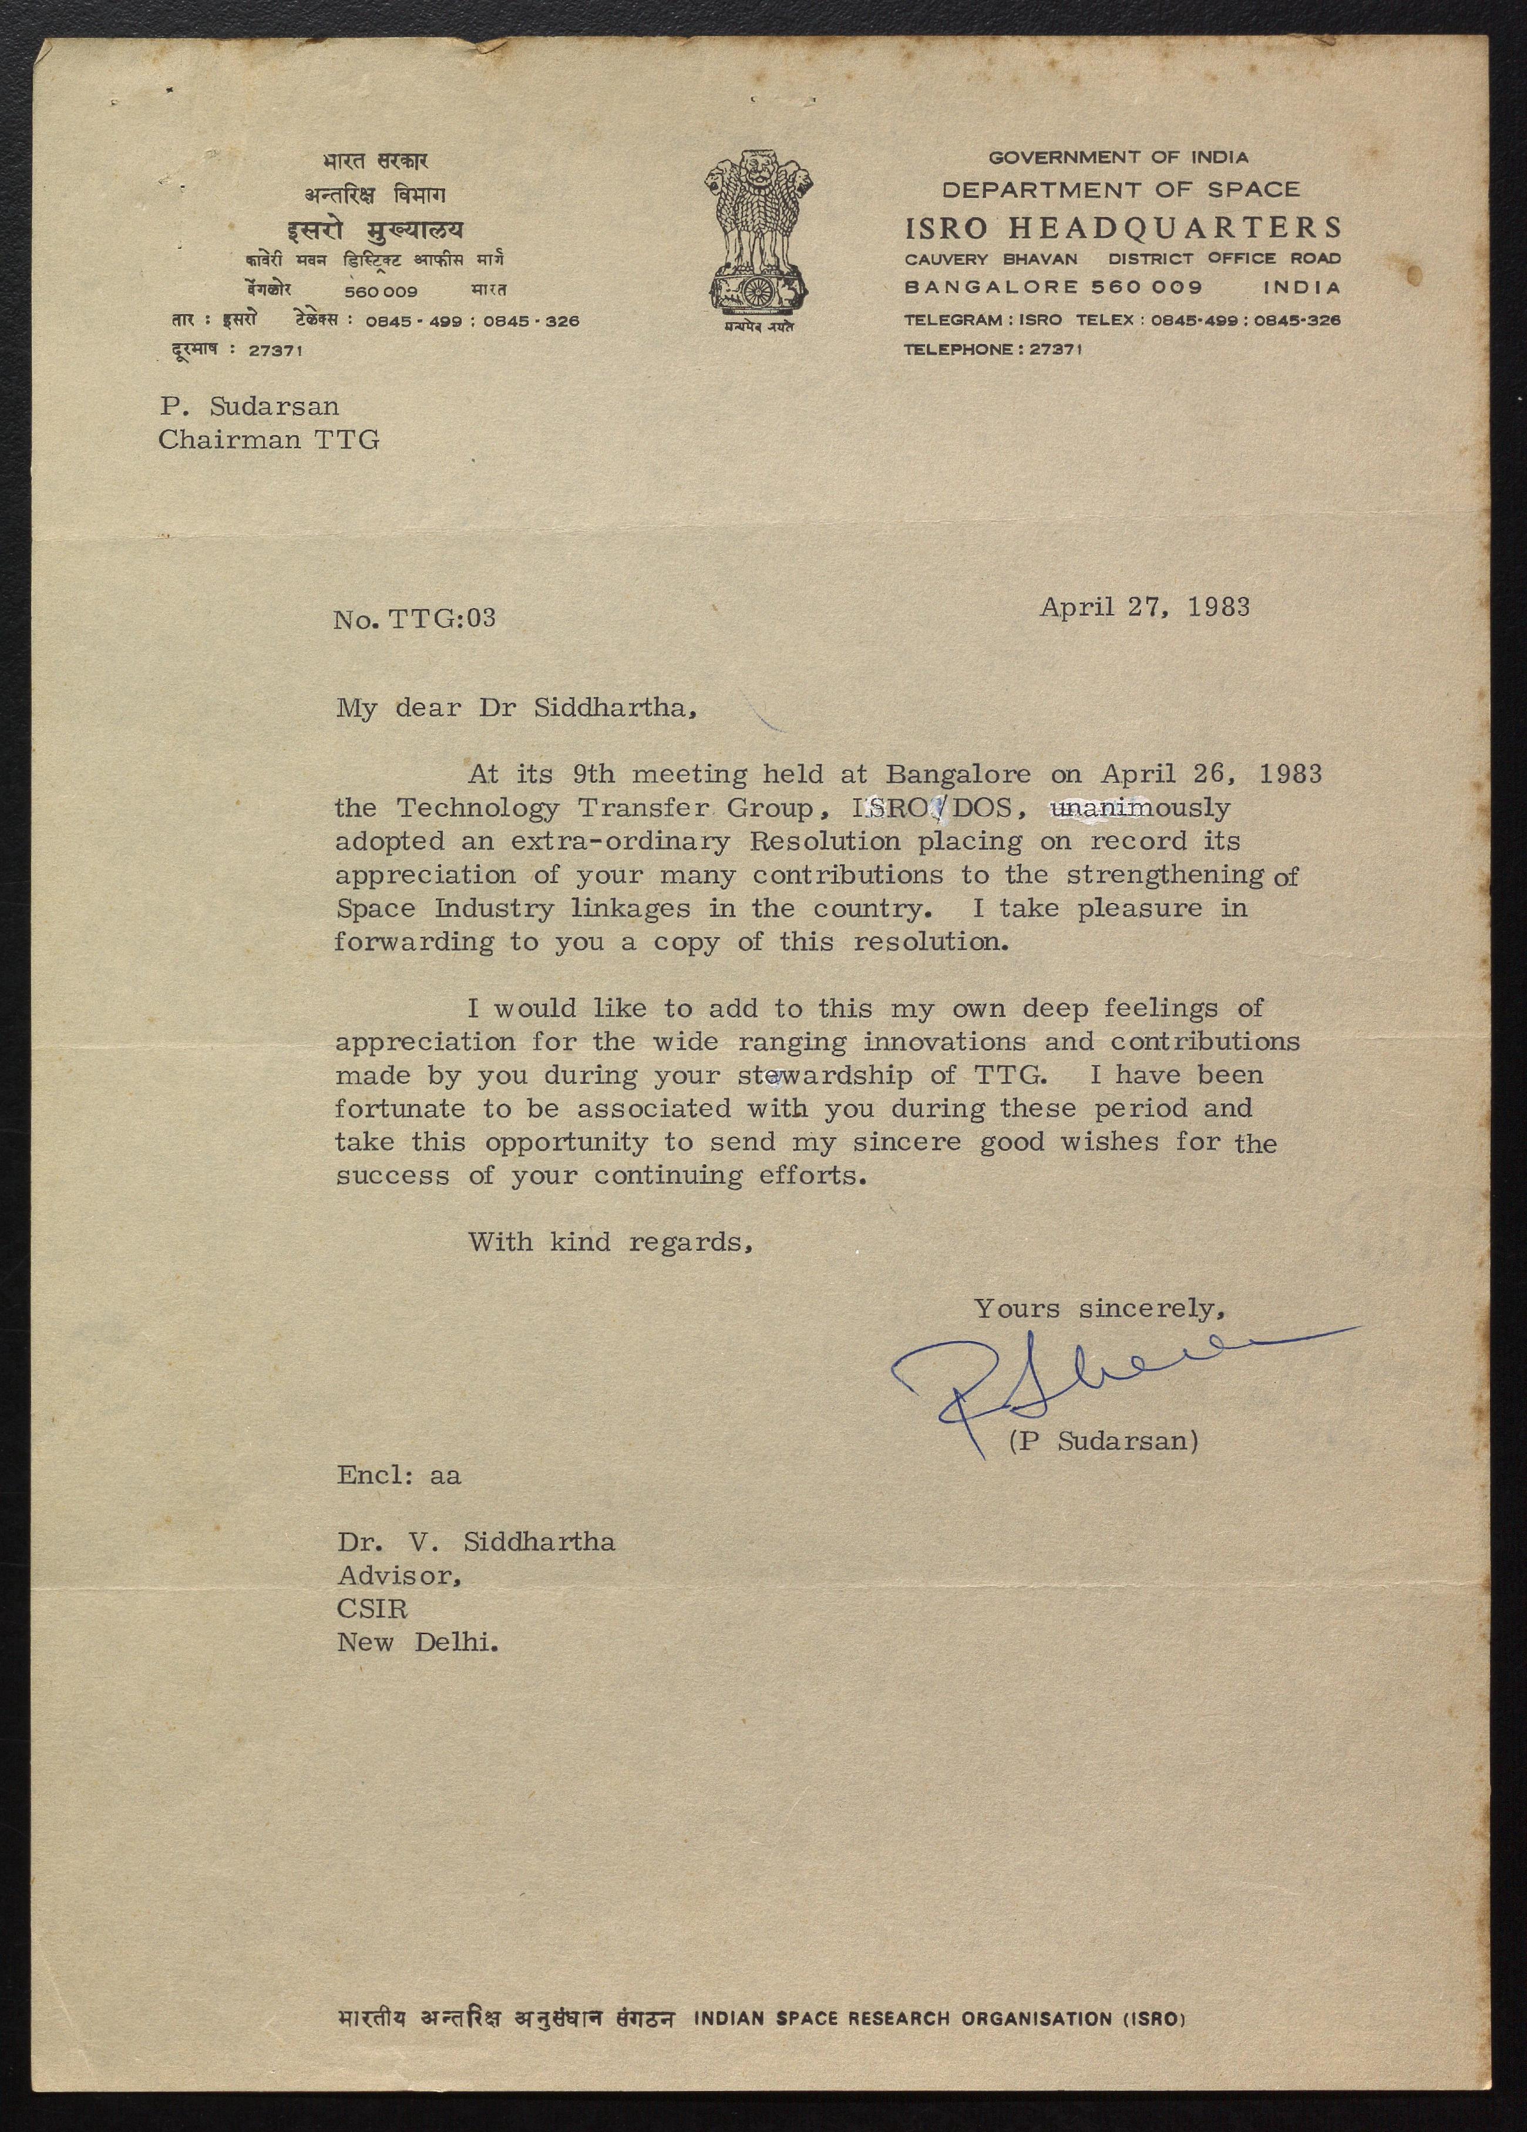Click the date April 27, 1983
pos(1144,607)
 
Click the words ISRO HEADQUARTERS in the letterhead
pos(1123,227)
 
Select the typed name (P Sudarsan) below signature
pos(1103,1441)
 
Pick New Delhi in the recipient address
pos(418,1642)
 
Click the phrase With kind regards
pos(611,1242)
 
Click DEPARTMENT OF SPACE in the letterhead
pos(1121,190)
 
